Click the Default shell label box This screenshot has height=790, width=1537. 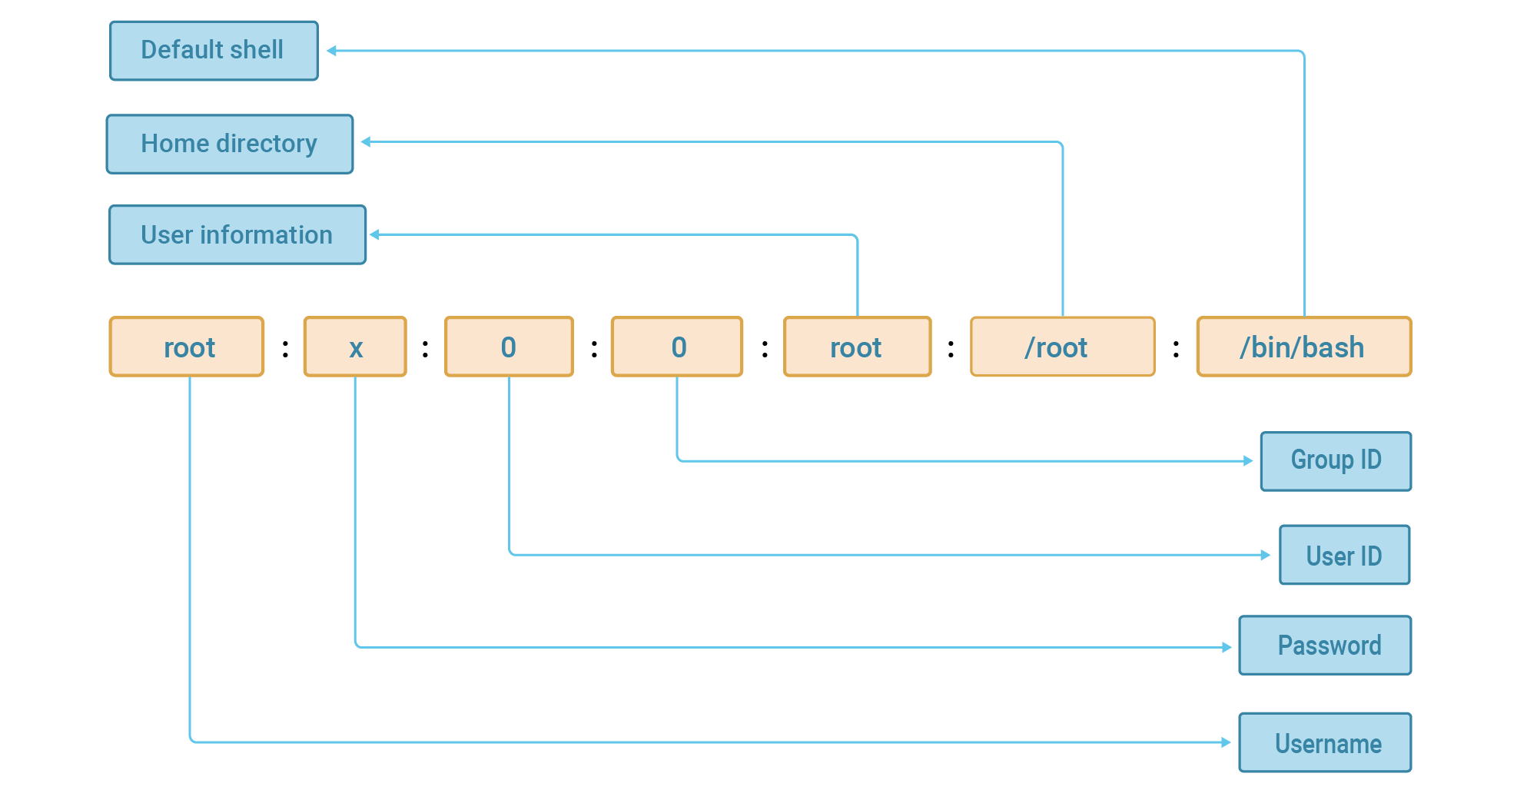pos(214,51)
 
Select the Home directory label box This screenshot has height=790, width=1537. pos(229,144)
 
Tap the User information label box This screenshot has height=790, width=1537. pos(237,234)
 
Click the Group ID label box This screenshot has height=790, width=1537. pos(1336,461)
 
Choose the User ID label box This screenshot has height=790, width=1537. pos(1344,555)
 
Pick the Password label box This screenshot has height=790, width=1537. pos(1325,646)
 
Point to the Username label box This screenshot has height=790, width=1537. pos(1325,742)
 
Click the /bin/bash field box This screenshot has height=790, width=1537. pos(1303,347)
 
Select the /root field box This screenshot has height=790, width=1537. pos(1062,347)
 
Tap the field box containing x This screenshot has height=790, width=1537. pos(355,347)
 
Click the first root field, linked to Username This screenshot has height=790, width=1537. pos(187,347)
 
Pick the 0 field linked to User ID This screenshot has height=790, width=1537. pos(509,347)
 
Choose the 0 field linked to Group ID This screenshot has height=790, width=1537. pos(677,347)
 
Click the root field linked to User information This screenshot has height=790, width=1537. pos(857,347)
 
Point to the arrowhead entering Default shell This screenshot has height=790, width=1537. pos(331,51)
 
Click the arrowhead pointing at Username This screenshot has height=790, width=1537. pos(1227,742)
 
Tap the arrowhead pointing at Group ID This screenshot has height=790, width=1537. pos(1249,461)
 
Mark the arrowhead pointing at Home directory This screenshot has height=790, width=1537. pos(366,141)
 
